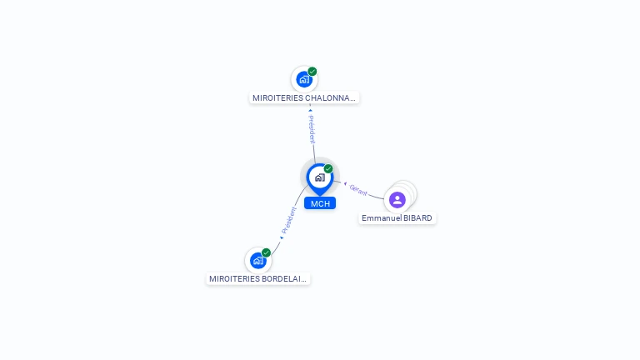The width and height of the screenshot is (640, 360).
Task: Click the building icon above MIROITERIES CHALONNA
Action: (x=303, y=79)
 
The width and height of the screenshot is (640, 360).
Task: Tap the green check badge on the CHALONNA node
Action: (x=312, y=72)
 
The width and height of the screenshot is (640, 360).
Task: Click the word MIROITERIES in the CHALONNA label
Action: (x=277, y=98)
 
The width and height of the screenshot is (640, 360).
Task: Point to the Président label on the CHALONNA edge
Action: (x=312, y=129)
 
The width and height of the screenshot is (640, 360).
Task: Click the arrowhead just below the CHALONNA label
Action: (x=311, y=110)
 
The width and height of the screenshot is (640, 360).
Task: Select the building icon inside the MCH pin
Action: (x=320, y=177)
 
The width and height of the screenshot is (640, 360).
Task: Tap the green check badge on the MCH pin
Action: (x=328, y=168)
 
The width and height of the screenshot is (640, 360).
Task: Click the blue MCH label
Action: (x=320, y=203)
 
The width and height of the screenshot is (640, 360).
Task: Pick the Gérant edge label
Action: (x=358, y=190)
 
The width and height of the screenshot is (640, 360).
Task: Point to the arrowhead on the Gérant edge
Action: (x=345, y=183)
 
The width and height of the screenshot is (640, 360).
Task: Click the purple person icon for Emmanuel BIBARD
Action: (x=397, y=200)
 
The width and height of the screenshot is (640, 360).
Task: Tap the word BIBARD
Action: (x=417, y=218)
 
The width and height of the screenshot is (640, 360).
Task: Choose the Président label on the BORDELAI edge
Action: (x=288, y=220)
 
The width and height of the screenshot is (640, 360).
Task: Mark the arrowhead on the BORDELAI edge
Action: (x=282, y=237)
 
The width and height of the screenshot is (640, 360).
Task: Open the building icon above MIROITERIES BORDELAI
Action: (x=258, y=260)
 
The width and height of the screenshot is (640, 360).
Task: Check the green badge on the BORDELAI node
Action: (x=266, y=252)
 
